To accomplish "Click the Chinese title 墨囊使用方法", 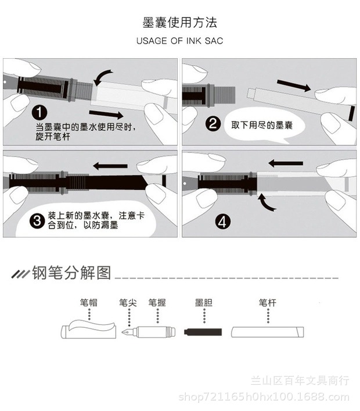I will pyautogui.click(x=179, y=23).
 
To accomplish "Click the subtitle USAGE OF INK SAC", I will pyautogui.click(x=179, y=41).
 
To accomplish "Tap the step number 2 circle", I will pyautogui.click(x=212, y=123).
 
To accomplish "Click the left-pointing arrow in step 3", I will pyautogui.click(x=110, y=166).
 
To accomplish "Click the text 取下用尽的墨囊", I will pyautogui.click(x=258, y=124).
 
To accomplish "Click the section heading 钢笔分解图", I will pyautogui.click(x=71, y=273).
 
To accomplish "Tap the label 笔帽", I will pyautogui.click(x=89, y=303).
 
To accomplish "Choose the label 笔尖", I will pyautogui.click(x=128, y=303).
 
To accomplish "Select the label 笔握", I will pyautogui.click(x=157, y=303).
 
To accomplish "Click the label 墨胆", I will pyautogui.click(x=204, y=303).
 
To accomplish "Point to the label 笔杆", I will pyautogui.click(x=268, y=303).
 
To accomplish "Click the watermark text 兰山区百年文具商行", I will pyautogui.click(x=300, y=381).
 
